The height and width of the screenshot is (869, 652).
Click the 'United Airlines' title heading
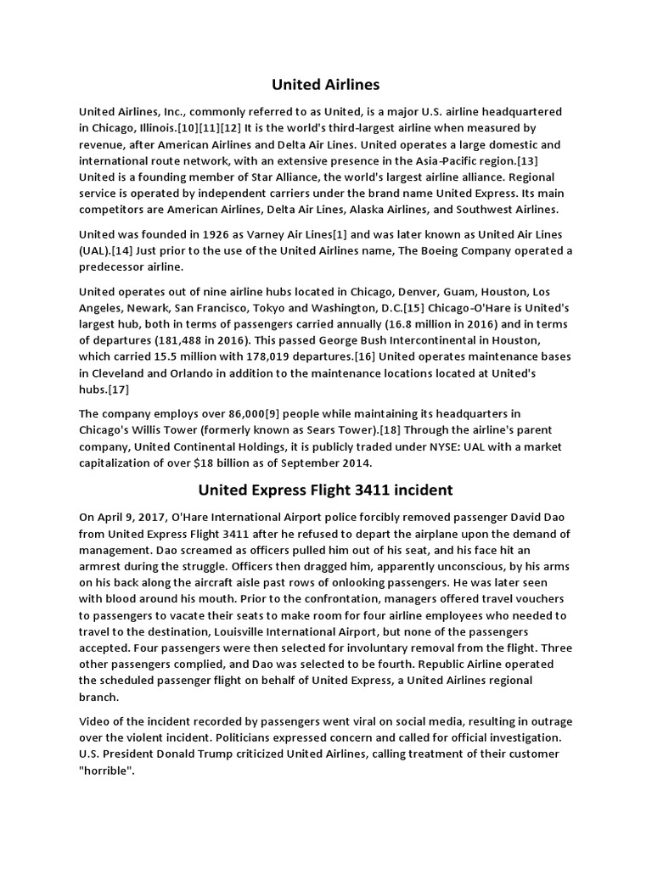point(326,84)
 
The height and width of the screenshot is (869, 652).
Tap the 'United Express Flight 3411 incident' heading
point(326,490)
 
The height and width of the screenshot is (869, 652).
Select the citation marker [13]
point(549,160)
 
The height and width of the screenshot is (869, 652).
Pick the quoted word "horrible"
point(106,769)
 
